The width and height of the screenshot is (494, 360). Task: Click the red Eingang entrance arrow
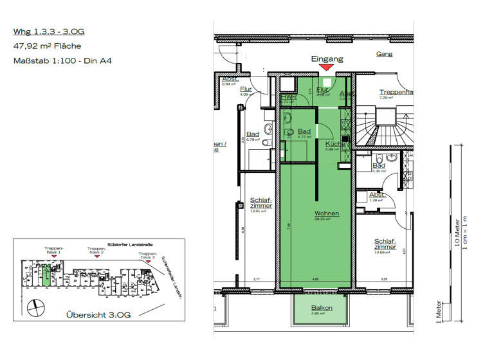(x=327, y=66)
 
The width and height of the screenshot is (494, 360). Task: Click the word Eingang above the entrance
(x=327, y=59)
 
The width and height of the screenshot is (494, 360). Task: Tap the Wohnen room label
(x=327, y=213)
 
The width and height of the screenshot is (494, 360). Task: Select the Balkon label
(x=322, y=308)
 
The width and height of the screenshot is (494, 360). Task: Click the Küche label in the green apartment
(x=333, y=143)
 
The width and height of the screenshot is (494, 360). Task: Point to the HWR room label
(x=287, y=97)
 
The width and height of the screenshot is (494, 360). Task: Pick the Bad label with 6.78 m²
(x=252, y=134)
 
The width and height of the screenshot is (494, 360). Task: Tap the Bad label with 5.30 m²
(x=379, y=166)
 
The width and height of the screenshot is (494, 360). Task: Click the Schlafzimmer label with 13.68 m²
(x=385, y=245)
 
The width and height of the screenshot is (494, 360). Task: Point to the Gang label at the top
(x=384, y=54)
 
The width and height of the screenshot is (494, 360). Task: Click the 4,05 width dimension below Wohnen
(x=315, y=280)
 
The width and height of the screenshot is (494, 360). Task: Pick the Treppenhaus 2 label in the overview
(x=96, y=250)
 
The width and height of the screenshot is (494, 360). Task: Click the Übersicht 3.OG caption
(x=98, y=315)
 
